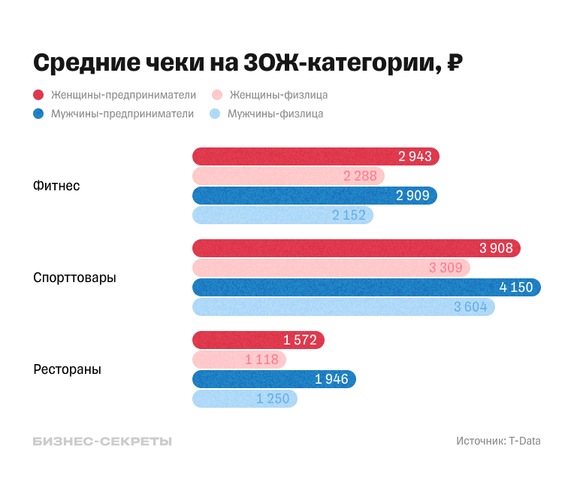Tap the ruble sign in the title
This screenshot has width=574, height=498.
click(x=454, y=63)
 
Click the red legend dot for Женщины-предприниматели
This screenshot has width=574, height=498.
click(x=38, y=96)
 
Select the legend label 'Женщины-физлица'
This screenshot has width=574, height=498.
click(x=278, y=96)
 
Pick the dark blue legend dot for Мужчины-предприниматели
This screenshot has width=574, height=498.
click(x=38, y=114)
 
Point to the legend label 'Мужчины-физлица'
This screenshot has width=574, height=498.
click(x=275, y=114)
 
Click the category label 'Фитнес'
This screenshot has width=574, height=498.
click(x=56, y=186)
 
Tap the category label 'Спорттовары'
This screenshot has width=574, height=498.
click(x=74, y=278)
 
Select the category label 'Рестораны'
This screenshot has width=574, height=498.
click(x=67, y=369)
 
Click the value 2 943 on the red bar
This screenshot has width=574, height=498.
click(x=415, y=156)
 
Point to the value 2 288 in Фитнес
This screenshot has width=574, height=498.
click(x=360, y=176)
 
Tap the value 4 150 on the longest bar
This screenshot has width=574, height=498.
click(x=516, y=287)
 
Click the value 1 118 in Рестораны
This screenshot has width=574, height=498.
click(x=261, y=360)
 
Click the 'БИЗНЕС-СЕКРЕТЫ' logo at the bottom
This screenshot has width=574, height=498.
click(x=102, y=442)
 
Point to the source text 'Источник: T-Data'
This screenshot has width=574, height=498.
click(x=498, y=442)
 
